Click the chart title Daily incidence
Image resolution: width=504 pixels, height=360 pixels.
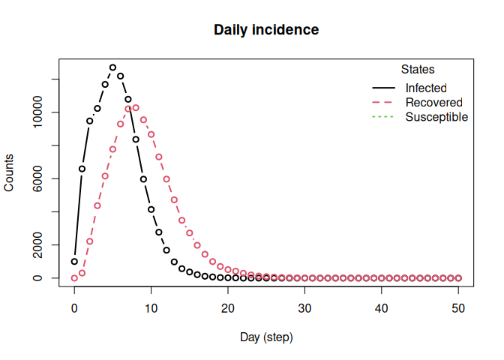point(266,30)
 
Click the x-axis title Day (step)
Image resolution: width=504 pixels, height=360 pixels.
point(266,337)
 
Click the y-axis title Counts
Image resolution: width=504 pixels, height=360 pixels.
point(9,172)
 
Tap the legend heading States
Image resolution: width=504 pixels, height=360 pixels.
point(418,70)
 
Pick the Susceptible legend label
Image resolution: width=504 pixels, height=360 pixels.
point(436,117)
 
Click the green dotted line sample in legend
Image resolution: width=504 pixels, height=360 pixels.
point(382,117)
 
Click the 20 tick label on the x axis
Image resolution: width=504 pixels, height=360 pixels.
point(228,308)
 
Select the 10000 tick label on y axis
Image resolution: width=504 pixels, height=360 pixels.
point(37,112)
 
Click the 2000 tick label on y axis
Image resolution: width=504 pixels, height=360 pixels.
point(37,245)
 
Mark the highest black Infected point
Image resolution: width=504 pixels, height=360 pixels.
point(112,67)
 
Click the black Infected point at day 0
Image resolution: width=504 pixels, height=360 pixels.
point(74,262)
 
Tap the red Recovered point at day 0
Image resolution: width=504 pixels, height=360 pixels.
point(74,278)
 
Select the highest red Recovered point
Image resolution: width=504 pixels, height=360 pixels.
point(136,108)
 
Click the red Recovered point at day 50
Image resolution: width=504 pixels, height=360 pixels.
point(459,278)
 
